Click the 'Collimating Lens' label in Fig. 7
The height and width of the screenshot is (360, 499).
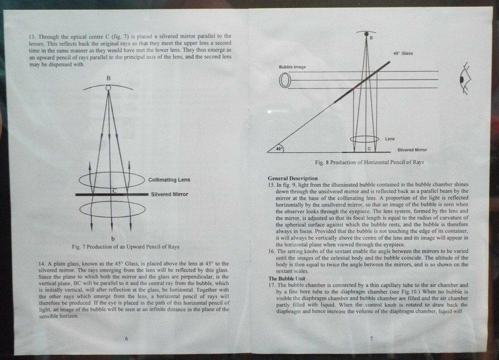169,180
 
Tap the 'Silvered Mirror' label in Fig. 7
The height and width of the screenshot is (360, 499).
169,194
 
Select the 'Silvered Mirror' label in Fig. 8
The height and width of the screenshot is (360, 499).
412,149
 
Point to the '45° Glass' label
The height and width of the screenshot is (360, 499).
403,53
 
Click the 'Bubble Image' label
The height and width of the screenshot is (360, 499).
292,66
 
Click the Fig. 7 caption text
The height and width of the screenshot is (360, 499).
125,247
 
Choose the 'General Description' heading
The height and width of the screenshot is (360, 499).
292,178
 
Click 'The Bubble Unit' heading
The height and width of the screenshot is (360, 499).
287,278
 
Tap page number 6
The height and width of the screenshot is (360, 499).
126,339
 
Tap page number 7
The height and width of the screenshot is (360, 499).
371,339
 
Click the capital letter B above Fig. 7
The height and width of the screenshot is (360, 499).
108,78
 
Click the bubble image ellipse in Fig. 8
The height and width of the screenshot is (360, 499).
285,80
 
